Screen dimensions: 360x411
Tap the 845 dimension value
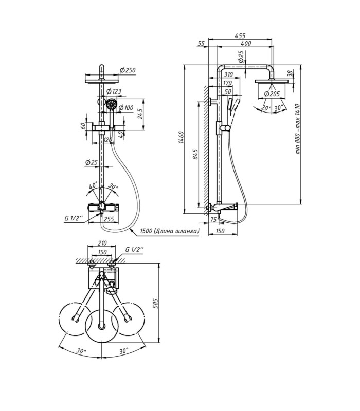click(195, 154)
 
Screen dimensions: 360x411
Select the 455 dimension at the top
click(240, 35)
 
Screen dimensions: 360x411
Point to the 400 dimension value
click(246, 43)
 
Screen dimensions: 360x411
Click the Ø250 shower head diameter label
click(128, 70)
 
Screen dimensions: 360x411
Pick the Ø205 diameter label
click(272, 94)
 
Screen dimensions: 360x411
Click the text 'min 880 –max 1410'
click(298, 129)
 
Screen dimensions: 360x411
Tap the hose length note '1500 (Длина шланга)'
click(170, 231)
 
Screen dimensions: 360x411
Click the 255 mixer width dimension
click(109, 219)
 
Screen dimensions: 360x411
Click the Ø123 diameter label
click(114, 91)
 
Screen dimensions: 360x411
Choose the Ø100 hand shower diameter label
click(125, 108)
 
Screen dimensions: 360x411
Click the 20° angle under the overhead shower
click(266, 108)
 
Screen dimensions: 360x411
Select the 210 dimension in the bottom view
click(102, 244)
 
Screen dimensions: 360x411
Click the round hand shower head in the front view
click(112, 104)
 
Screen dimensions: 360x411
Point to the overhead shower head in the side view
click(273, 81)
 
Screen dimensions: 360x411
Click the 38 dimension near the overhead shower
click(290, 73)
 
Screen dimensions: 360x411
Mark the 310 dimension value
click(228, 74)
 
